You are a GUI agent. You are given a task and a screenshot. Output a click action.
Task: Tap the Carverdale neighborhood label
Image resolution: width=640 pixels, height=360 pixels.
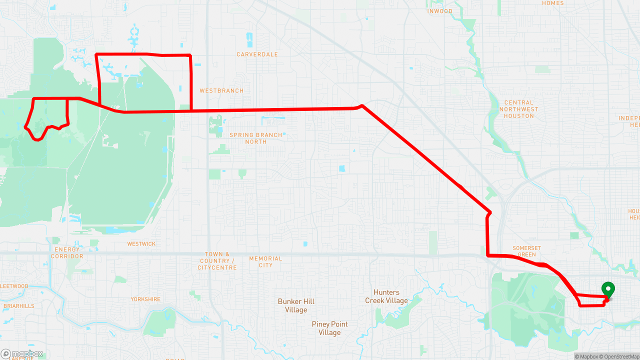point(257,54)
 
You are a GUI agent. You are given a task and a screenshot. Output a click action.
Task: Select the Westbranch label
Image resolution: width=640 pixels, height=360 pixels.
point(221,91)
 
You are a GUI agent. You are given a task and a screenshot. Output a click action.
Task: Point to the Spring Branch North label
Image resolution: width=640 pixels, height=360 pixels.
point(255,138)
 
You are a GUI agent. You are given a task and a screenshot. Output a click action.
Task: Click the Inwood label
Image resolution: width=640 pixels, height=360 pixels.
point(440,11)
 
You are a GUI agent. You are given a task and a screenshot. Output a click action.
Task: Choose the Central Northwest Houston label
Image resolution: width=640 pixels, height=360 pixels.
point(519,109)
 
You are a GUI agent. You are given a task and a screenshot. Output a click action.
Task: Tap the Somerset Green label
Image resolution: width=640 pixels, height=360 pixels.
point(526,251)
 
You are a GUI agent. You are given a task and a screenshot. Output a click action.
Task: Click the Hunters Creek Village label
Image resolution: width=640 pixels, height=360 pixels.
point(386,296)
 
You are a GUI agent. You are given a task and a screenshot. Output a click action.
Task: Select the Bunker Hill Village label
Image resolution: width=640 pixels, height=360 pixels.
point(296,305)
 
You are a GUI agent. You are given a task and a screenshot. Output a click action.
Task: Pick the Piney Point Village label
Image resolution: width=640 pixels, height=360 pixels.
point(329,328)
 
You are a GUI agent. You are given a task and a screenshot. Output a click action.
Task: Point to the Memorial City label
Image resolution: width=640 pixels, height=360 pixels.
point(265,262)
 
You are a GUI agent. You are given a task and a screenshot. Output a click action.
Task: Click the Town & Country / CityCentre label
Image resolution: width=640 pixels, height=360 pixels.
point(216,261)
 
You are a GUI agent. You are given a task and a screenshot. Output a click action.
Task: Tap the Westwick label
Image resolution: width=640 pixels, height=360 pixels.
point(141,244)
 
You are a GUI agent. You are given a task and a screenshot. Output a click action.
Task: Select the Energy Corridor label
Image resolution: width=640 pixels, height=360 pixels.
point(67,253)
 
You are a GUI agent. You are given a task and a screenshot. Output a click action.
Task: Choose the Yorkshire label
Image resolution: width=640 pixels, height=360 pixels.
point(145,299)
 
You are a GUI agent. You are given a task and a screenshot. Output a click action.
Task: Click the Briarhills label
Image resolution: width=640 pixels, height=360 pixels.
point(18,306)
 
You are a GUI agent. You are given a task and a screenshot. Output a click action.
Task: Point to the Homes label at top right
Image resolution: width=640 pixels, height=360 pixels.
point(552,3)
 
